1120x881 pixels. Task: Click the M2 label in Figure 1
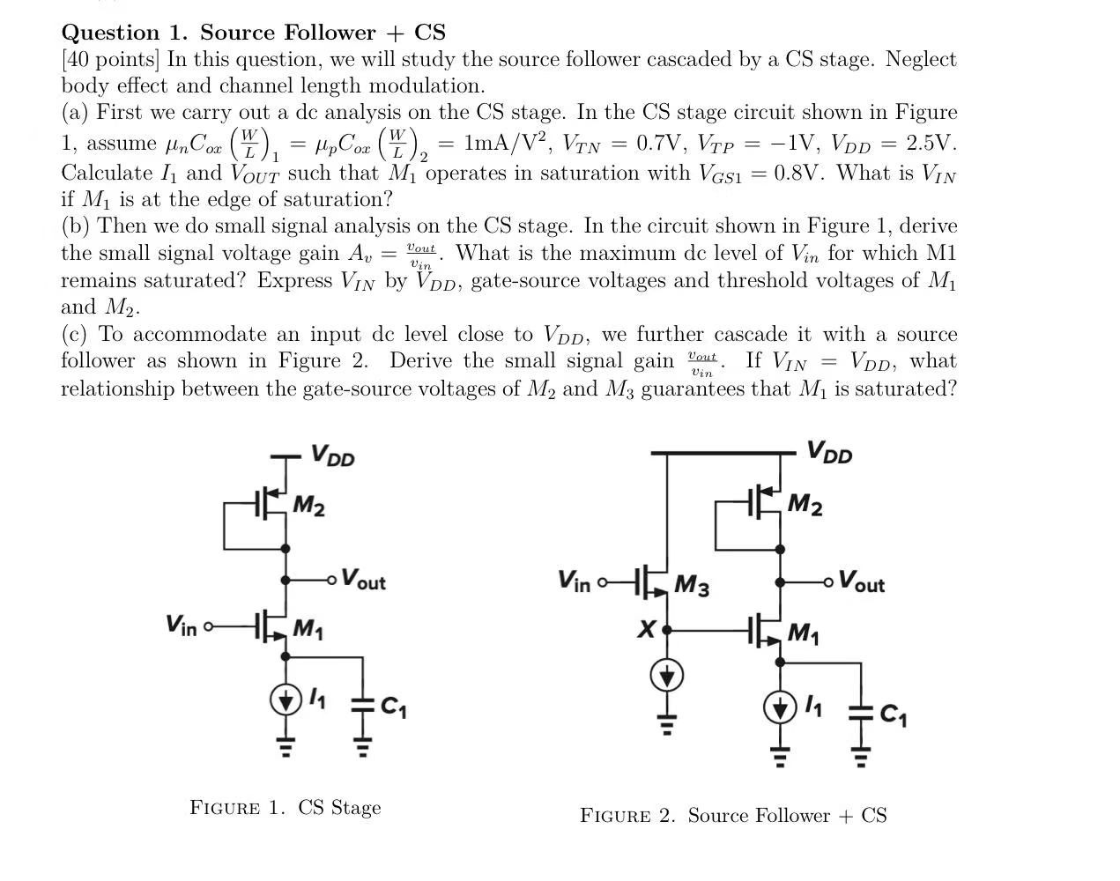pyautogui.click(x=308, y=507)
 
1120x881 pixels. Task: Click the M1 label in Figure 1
pyautogui.click(x=308, y=629)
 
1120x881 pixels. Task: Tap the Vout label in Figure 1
pyautogui.click(x=363, y=580)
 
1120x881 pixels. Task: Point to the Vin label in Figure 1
pyautogui.click(x=182, y=626)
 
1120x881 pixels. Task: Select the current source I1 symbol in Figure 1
pyautogui.click(x=285, y=700)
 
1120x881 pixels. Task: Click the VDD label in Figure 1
pyautogui.click(x=333, y=455)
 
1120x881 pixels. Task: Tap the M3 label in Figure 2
pyautogui.click(x=692, y=586)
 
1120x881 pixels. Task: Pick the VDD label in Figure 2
pyautogui.click(x=829, y=453)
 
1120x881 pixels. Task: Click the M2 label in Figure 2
pyautogui.click(x=805, y=505)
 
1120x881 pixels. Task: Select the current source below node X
pyautogui.click(x=667, y=677)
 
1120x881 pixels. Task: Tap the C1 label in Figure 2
pyautogui.click(x=894, y=715)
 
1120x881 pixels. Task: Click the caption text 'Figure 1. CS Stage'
pyautogui.click(x=286, y=808)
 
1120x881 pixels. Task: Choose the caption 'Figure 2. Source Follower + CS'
pyautogui.click(x=733, y=816)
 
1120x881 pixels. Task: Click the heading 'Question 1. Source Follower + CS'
pyautogui.click(x=253, y=33)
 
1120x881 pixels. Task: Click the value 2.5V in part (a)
pyautogui.click(x=931, y=144)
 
